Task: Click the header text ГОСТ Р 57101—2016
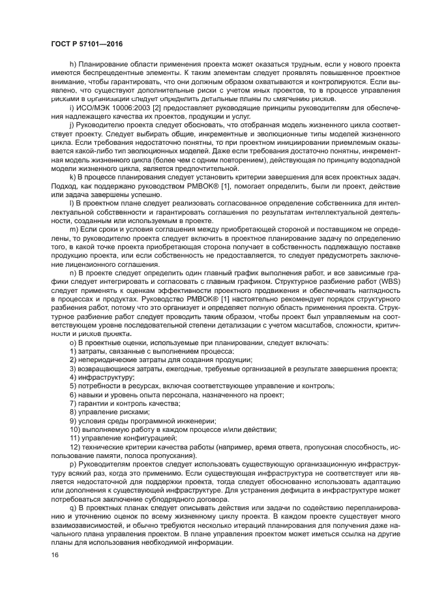(x=86, y=44)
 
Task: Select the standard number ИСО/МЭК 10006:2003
(x=110, y=106)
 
